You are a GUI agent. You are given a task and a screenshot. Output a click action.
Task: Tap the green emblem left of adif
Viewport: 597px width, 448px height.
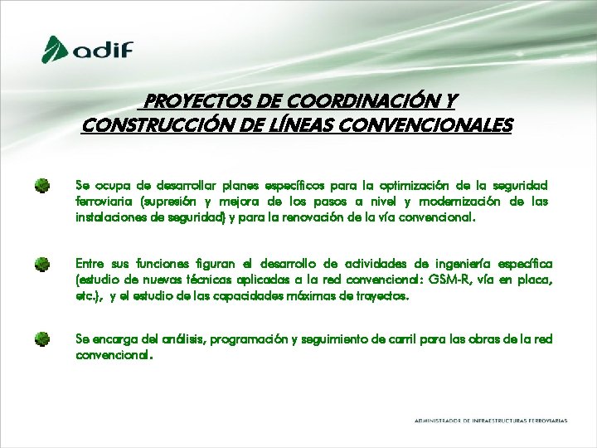tap(56, 49)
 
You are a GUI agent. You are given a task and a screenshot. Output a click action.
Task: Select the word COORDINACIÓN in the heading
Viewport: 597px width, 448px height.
tap(362, 101)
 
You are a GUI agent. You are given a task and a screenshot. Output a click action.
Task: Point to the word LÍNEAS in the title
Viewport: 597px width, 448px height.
tap(321, 125)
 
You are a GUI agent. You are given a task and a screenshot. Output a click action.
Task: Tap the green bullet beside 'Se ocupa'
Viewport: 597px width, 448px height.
tap(42, 185)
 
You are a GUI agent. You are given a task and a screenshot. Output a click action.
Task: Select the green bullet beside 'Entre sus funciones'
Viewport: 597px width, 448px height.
tap(42, 265)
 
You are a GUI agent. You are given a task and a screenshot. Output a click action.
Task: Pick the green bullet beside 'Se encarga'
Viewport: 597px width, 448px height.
tap(42, 338)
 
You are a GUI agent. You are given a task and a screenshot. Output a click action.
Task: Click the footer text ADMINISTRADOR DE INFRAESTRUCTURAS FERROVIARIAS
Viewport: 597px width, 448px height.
tap(491, 421)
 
